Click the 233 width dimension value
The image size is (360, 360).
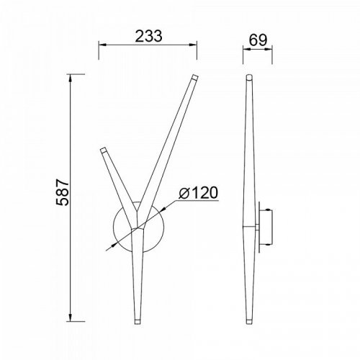(149, 36)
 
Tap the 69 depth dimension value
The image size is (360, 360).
(258, 40)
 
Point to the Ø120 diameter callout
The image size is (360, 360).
(198, 192)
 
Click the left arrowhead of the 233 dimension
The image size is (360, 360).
(102, 45)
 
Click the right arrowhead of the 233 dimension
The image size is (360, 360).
(193, 45)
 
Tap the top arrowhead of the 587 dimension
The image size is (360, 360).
(71, 78)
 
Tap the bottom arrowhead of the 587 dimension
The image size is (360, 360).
(71, 149)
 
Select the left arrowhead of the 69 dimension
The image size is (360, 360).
(247, 49)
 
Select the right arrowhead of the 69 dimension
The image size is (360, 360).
(269, 49)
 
